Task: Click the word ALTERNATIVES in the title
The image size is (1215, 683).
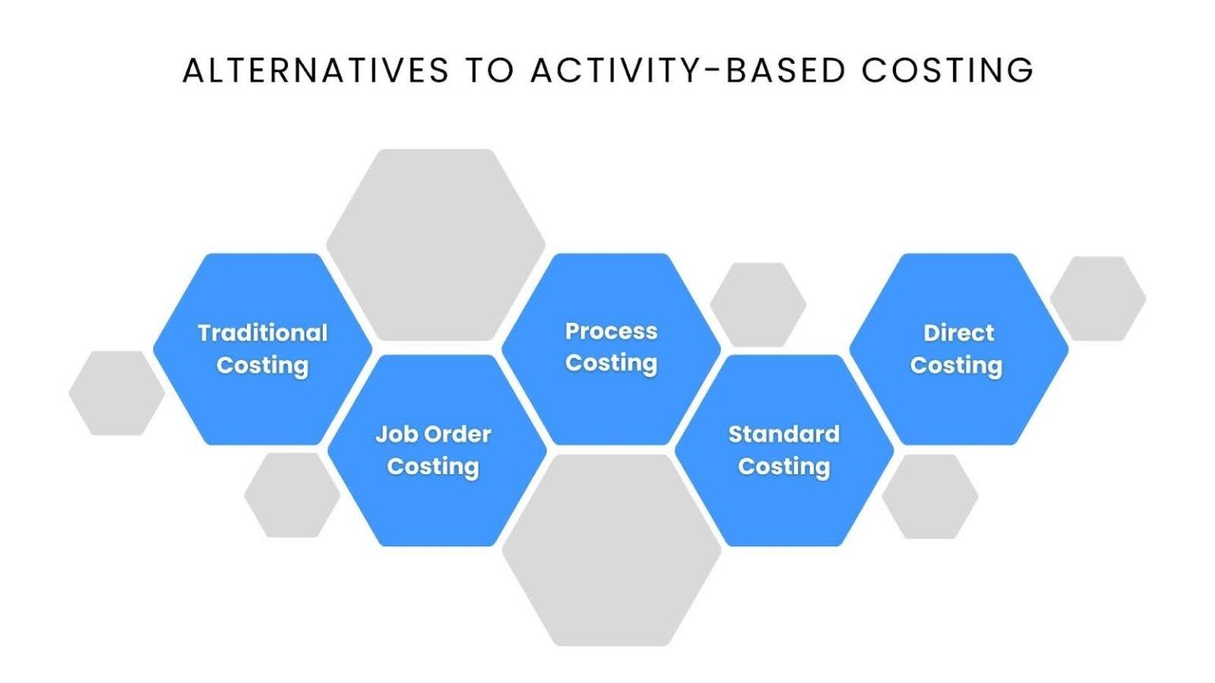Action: click(316, 70)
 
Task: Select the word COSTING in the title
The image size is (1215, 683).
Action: click(947, 70)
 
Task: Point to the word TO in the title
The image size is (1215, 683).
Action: click(490, 70)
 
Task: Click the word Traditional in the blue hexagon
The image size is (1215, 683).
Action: click(263, 333)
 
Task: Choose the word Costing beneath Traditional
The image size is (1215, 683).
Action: click(263, 365)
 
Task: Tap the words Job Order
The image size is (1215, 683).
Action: click(433, 434)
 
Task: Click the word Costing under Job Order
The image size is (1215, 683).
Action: click(433, 466)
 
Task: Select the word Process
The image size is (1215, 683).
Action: click(611, 331)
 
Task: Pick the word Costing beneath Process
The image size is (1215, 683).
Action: click(611, 363)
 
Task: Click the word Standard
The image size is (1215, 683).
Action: click(784, 434)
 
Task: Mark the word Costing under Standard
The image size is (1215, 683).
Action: click(784, 466)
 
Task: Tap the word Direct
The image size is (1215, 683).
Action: click(959, 333)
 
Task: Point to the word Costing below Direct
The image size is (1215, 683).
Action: click(956, 365)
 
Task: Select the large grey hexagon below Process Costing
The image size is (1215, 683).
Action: click(611, 550)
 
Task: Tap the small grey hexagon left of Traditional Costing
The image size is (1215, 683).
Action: click(116, 393)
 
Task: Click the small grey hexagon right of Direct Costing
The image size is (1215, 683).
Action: click(1098, 299)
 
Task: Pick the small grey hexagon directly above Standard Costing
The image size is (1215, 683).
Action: click(758, 304)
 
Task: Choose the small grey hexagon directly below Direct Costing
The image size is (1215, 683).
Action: click(929, 496)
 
